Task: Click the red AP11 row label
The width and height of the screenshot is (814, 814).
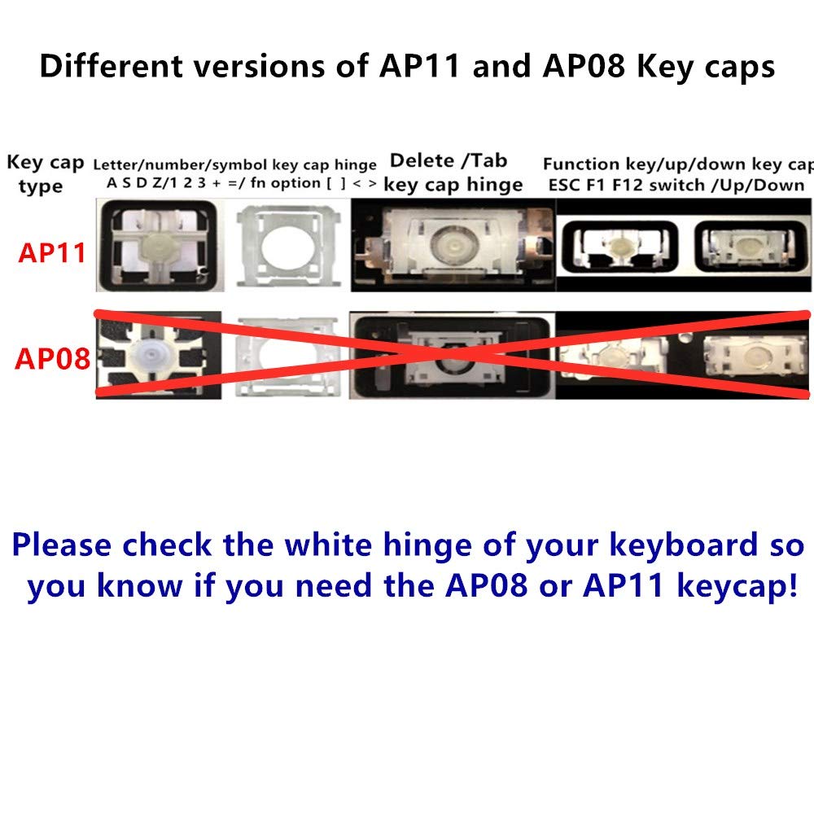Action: [x=52, y=252]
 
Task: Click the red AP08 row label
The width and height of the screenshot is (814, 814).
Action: [x=52, y=358]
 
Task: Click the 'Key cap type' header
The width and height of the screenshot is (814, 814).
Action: [x=45, y=173]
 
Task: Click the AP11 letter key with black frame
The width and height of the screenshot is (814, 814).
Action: [x=156, y=245]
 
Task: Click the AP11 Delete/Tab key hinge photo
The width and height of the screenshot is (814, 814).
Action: [x=452, y=245]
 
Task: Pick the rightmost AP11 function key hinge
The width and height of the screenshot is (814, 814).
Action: [x=742, y=245]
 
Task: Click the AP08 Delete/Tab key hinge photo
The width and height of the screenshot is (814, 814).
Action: [x=452, y=355]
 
